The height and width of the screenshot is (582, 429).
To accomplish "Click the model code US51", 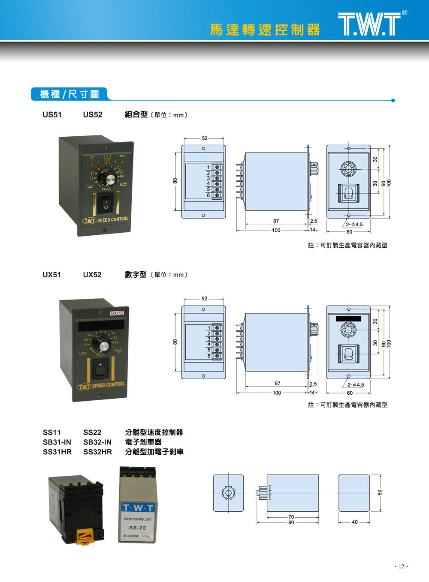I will tap(52, 115).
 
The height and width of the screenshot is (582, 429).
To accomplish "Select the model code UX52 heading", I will tap(92, 275).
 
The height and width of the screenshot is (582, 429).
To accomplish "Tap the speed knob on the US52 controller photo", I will tap(107, 177).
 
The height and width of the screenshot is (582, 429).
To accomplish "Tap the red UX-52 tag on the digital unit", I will tap(117, 313).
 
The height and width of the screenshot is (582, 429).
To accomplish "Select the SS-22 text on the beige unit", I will tap(137, 528).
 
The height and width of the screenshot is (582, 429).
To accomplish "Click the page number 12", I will tap(401, 567).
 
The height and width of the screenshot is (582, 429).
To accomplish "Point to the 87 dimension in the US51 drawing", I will tap(276, 221).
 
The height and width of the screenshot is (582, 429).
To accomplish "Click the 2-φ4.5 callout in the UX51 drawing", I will tap(356, 384).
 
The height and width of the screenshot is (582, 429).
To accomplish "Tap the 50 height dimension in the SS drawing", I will tap(380, 493).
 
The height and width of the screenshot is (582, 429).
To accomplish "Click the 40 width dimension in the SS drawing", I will tap(354, 522).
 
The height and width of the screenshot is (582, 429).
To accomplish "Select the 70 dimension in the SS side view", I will tap(291, 517).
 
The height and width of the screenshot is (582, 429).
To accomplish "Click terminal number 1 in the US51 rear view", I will tap(208, 167).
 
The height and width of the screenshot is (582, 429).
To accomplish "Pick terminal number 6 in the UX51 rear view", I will tap(209, 356).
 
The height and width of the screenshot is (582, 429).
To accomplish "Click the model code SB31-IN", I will tap(57, 442).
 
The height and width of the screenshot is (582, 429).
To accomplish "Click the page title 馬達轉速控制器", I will tap(265, 30).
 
